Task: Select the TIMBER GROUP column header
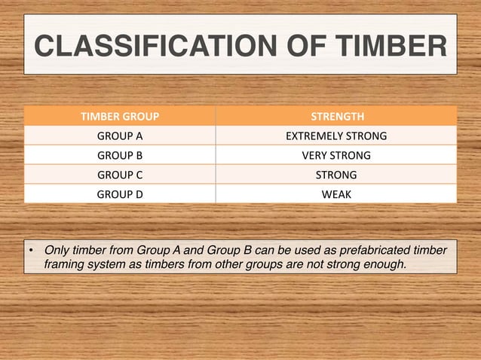point(120,117)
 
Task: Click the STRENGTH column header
point(336,117)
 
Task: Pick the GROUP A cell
point(120,136)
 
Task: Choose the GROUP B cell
point(120,156)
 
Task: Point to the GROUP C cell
point(120,175)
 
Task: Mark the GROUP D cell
point(120,194)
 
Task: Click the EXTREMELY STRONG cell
point(336,136)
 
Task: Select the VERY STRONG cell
point(336,156)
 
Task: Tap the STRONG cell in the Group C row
point(336,175)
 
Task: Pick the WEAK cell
point(336,194)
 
